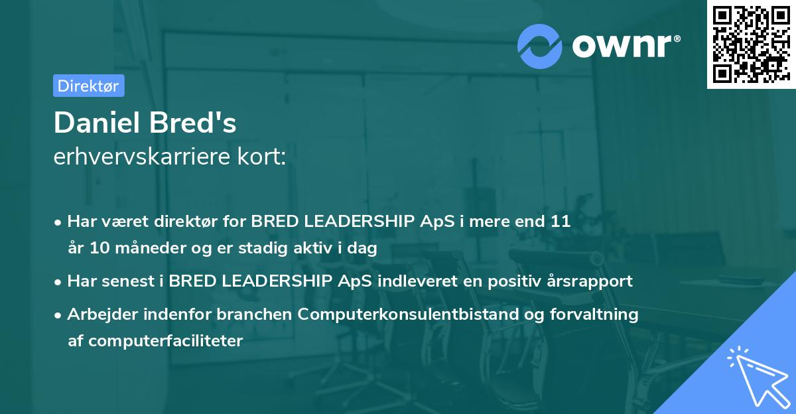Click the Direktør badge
click(88, 86)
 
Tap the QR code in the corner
click(751, 44)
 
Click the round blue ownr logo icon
click(540, 46)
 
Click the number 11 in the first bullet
click(560, 221)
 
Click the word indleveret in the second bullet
click(411, 281)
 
